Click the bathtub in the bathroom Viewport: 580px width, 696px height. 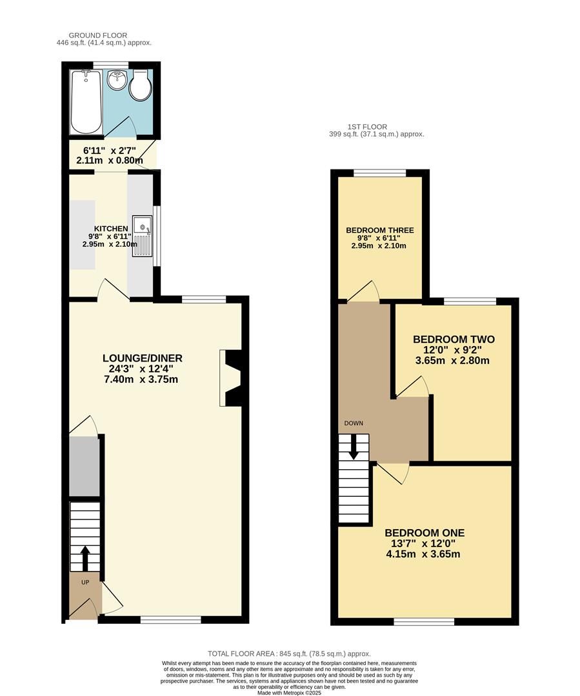tap(86, 102)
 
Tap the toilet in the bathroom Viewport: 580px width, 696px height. tap(141, 87)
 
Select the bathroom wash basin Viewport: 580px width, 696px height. tap(117, 82)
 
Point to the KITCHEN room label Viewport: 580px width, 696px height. tap(111, 229)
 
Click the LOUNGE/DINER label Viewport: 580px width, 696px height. tap(143, 358)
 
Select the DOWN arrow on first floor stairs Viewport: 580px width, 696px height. tap(353, 447)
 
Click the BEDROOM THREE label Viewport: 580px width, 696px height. tap(380, 230)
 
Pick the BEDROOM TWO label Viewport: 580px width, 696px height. tap(454, 340)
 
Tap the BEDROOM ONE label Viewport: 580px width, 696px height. tap(425, 533)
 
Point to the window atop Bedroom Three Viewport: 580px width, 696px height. tap(379, 173)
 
